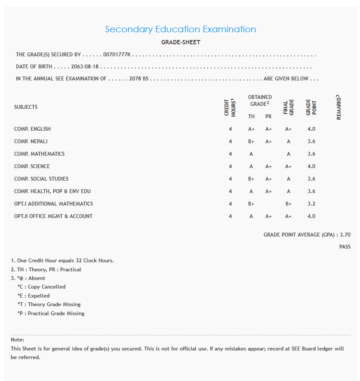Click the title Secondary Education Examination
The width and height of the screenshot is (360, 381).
181,29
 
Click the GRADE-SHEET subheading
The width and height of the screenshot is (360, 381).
181,42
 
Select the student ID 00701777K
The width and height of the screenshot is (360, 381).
117,55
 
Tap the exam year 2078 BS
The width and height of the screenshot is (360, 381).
139,79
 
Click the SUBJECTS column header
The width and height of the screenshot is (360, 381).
26,107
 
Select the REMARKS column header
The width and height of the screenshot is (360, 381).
339,107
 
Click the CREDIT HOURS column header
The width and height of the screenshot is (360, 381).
230,107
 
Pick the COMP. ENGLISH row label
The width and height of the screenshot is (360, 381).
32,129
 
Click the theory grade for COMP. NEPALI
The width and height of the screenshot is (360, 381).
251,141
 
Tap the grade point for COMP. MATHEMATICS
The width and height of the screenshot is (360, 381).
311,154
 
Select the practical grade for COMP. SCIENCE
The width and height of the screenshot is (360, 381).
268,166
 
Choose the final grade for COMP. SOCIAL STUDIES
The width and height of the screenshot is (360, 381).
288,179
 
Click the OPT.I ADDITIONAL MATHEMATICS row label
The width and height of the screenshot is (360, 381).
53,204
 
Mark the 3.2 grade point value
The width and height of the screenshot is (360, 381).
311,204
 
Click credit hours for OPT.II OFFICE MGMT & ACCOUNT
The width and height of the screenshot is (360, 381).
230,216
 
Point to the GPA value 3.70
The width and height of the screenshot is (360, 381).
345,235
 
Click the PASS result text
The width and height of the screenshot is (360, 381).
345,247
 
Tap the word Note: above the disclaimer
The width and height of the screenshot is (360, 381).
17,340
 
